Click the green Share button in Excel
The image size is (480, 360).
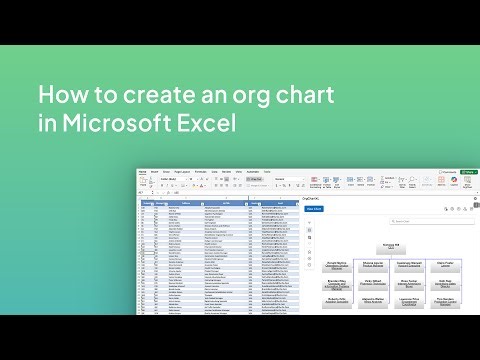[x=470, y=172]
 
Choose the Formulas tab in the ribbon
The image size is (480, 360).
[x=200, y=172]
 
